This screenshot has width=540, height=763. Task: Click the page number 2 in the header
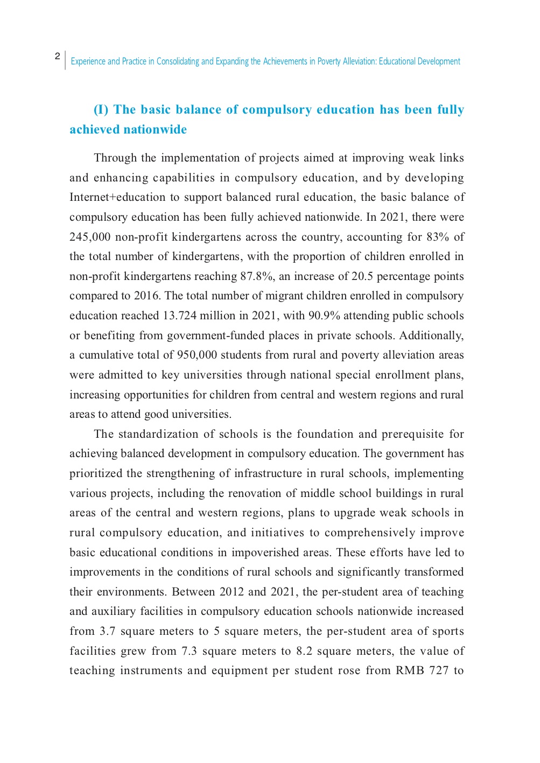pos(57,56)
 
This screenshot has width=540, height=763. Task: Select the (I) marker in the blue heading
pos(101,110)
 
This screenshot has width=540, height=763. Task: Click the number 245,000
pos(90,237)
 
